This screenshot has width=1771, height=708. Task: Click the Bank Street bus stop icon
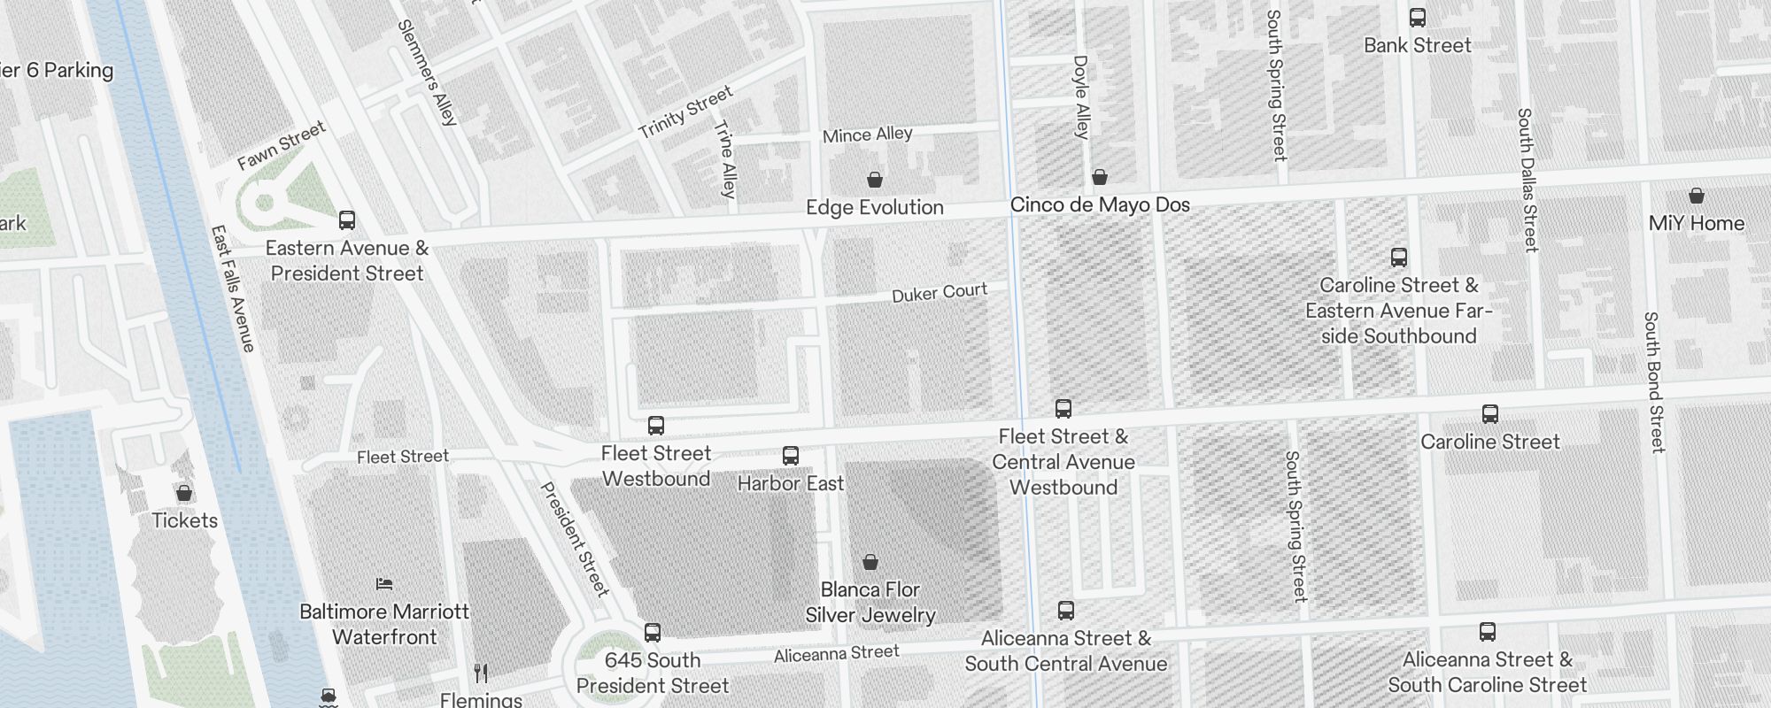(1418, 18)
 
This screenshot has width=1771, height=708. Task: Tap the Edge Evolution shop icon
(875, 180)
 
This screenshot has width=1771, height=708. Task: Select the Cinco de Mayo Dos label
(1100, 205)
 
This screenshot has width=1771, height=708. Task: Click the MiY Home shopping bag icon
(1697, 196)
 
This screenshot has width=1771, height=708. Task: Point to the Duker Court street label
(940, 293)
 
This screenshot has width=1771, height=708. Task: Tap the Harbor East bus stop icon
(791, 456)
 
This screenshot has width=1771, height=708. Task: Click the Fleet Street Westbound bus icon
(656, 426)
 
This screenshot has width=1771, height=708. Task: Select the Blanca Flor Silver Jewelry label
(870, 603)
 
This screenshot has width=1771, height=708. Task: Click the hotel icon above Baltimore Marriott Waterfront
(384, 584)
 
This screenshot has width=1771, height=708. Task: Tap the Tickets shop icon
(184, 493)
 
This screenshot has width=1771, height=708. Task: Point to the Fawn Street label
(282, 146)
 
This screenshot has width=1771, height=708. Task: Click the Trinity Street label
(686, 112)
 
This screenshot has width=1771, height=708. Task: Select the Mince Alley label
(867, 135)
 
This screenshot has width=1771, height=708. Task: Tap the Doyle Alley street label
(1081, 97)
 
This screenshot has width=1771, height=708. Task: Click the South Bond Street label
(1654, 382)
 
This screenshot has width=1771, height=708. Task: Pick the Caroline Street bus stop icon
(1490, 414)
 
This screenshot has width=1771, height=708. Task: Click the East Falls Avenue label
(233, 289)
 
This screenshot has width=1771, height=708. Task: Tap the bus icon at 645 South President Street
(653, 633)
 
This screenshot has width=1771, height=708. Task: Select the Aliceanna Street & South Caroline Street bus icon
(1488, 632)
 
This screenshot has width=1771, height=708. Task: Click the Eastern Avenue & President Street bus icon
(347, 220)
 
